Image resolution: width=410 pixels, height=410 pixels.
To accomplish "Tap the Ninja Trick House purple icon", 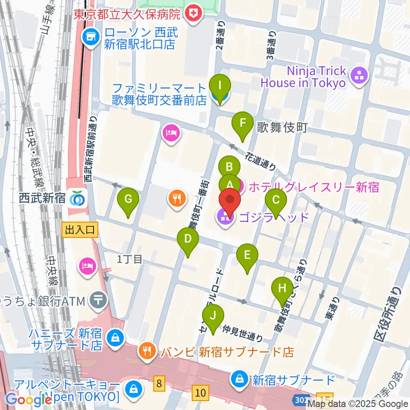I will (359, 76).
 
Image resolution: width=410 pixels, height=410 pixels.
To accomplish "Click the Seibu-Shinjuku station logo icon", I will (77, 199).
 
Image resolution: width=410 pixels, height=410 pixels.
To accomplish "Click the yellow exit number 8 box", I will (159, 384).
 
